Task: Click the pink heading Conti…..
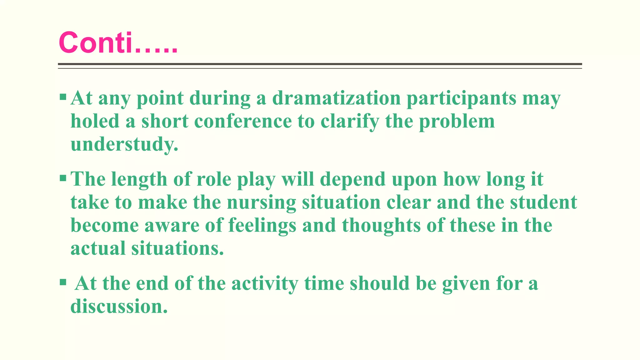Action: tap(118, 43)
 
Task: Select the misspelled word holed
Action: tap(95, 121)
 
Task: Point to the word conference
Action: tap(243, 121)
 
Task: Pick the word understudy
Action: tap(124, 145)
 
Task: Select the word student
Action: tap(543, 202)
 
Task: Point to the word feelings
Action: tap(262, 226)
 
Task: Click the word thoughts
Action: tap(381, 226)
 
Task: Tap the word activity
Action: tap(265, 284)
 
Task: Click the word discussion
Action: tap(119, 307)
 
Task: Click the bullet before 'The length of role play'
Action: tap(63, 178)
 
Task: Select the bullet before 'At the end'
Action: tap(63, 282)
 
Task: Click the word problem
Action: tap(457, 122)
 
